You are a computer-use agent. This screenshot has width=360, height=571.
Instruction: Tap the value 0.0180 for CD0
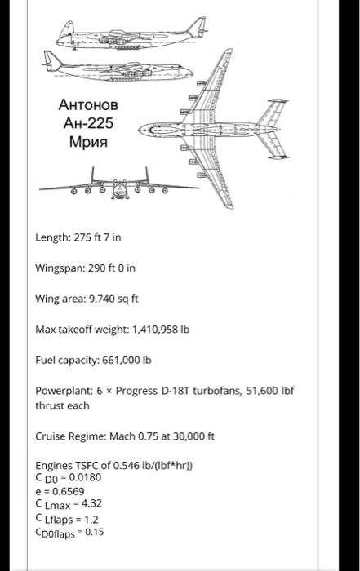(x=86, y=477)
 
